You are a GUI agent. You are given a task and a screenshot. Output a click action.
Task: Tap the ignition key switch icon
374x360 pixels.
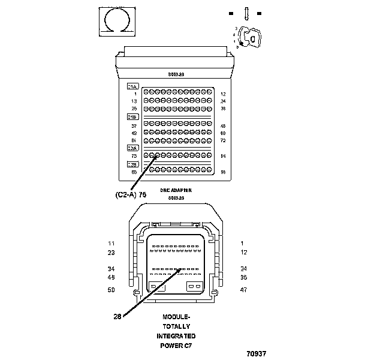click(249, 38)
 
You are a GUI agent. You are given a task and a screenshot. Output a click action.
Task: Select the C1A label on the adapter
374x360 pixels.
click(133, 86)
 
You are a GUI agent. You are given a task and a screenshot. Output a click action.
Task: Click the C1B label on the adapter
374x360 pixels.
click(133, 117)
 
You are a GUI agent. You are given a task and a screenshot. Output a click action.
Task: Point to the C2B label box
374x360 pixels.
click(133, 164)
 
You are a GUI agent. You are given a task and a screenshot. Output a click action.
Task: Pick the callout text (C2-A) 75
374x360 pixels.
click(131, 194)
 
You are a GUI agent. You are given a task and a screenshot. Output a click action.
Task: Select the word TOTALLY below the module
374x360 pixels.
click(176, 326)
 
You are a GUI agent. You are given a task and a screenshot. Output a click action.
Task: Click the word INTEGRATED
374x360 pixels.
click(176, 336)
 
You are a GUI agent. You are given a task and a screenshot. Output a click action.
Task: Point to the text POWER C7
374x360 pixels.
click(176, 346)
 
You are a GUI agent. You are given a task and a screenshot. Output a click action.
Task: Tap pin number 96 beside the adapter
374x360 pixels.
click(222, 172)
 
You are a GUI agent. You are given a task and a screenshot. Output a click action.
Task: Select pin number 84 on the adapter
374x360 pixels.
click(222, 156)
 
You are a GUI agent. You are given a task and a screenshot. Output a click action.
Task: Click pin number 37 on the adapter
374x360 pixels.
click(134, 125)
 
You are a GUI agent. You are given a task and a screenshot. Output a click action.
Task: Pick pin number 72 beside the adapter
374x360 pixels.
click(222, 140)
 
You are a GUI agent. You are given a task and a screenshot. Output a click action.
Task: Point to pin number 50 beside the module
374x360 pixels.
click(111, 290)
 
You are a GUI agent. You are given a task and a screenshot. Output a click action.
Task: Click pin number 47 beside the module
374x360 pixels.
click(243, 290)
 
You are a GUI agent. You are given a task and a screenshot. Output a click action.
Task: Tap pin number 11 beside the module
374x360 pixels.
click(111, 243)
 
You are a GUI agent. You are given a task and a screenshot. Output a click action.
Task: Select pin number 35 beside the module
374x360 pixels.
click(243, 277)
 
